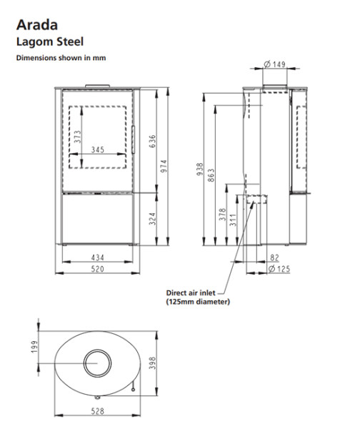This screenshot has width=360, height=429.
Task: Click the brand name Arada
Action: coord(34,26)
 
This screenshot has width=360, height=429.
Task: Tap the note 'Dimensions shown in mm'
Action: coord(61,58)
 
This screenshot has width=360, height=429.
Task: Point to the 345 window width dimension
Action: coord(99,150)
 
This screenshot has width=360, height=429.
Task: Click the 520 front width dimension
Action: coord(98,269)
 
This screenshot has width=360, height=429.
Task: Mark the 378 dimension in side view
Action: coord(221,214)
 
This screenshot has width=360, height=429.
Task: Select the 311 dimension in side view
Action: coord(233,220)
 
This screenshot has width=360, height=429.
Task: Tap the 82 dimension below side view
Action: coord(276,257)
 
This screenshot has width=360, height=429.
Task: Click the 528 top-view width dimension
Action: coord(98,412)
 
